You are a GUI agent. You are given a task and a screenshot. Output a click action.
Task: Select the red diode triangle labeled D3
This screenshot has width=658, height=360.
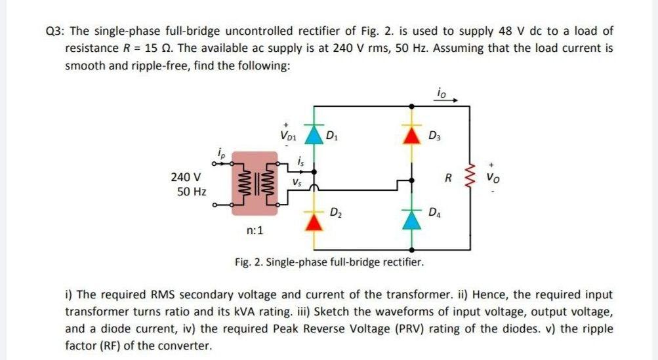pos(412,136)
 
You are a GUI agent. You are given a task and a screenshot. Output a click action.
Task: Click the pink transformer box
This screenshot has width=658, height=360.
pos(254,184)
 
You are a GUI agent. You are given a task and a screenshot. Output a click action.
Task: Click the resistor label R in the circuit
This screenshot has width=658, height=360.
pos(448,177)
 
